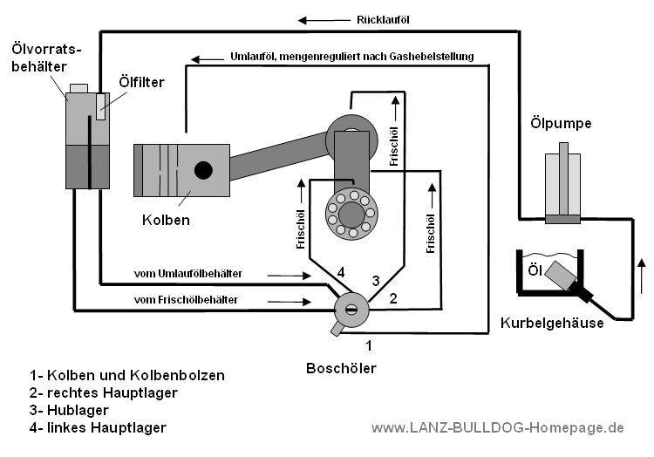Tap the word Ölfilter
pos(141,83)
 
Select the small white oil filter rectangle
pos(102,106)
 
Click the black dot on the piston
pos(203,170)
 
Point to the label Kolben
pos(166,220)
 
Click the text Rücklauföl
pos(384,18)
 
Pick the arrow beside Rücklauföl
pos(315,18)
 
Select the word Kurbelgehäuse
pos(551,324)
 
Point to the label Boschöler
pos(341,368)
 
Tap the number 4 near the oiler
pos(341,273)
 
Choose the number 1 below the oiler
pos(368,344)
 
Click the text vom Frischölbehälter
pos(185,301)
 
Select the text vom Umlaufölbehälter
pos(187,274)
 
